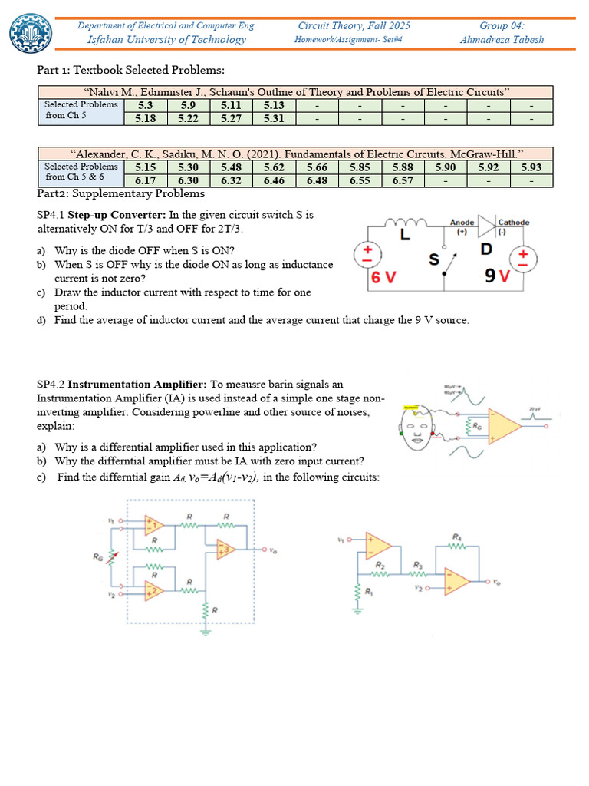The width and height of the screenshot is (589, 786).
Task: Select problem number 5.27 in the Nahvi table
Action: tap(232, 118)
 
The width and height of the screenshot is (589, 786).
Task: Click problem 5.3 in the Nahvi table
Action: tap(146, 105)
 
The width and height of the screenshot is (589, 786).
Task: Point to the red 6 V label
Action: tap(384, 278)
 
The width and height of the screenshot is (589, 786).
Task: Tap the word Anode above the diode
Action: tap(462, 223)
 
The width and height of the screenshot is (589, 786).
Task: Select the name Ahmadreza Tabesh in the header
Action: tap(502, 39)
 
